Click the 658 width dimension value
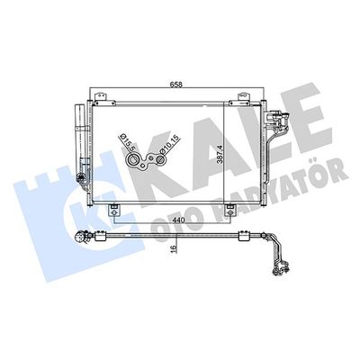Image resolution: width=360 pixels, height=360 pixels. [x=176, y=85]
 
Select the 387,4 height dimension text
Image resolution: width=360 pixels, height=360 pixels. [x=220, y=154]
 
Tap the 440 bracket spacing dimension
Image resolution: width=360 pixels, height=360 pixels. [x=177, y=220]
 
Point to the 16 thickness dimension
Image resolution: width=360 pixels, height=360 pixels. [x=174, y=248]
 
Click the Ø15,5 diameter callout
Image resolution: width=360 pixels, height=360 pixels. [x=124, y=142]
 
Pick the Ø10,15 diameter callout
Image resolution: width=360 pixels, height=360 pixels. [x=169, y=145]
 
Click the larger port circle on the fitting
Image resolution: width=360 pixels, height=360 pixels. [x=132, y=160]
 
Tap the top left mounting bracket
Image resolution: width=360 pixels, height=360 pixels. [x=101, y=98]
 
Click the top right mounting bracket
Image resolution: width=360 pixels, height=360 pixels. [x=244, y=98]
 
